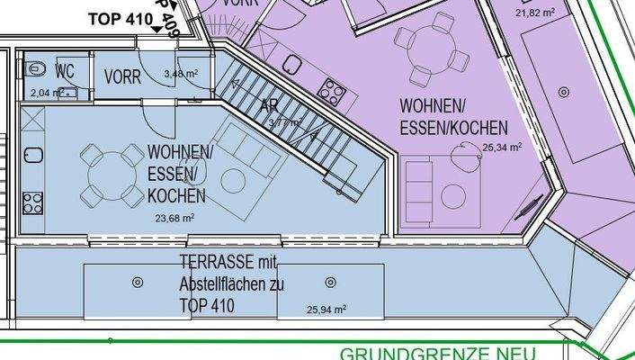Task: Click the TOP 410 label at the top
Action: coord(120,19)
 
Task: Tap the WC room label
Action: coord(65,71)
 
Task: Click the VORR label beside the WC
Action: coord(122,77)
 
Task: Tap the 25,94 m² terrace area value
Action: coord(326,309)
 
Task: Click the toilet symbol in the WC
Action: coord(34,68)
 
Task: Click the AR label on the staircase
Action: coord(268,107)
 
